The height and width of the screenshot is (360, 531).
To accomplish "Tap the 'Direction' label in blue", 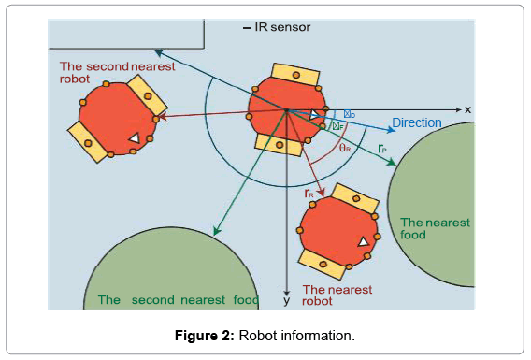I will [416, 122].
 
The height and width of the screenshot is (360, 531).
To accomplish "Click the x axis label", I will [467, 109].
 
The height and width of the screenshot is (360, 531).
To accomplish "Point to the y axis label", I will [287, 301].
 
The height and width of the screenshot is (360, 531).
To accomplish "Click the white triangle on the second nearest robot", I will [135, 138].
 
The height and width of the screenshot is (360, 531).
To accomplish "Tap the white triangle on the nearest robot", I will [363, 242].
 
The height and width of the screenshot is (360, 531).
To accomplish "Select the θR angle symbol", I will [345, 148].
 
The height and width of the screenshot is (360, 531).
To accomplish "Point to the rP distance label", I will [383, 148].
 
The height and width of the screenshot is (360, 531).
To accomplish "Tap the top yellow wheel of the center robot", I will [293, 74].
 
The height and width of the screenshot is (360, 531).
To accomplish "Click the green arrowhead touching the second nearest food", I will [216, 232].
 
